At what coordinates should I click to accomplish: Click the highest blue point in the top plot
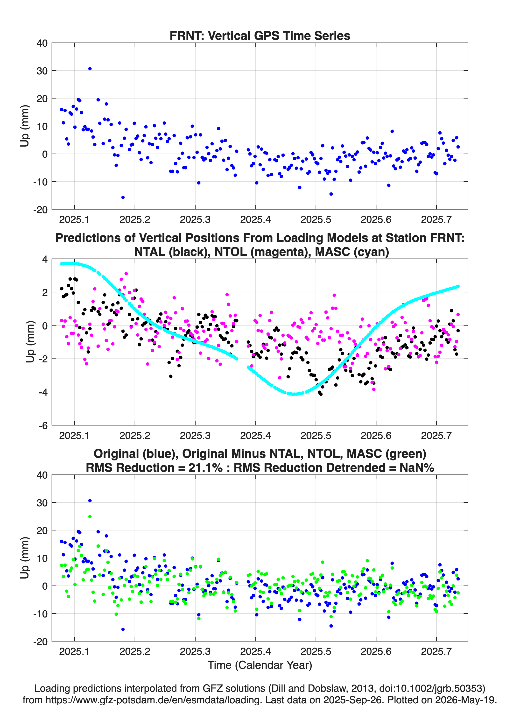pos(90,69)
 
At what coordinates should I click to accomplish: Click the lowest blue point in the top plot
pos(123,197)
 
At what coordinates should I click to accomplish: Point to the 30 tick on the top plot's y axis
pos(42,71)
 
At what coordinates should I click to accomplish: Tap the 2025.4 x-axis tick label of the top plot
pos(256,219)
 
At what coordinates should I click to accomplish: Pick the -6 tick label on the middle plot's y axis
pos(43,426)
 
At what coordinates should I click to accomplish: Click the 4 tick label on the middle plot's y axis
pos(45,259)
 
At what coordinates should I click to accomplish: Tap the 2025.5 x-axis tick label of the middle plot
pos(316,436)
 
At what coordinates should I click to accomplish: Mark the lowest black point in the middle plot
pos(321,394)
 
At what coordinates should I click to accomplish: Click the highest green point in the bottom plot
pos(90,516)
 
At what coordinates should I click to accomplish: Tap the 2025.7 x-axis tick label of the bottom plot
pos(436,651)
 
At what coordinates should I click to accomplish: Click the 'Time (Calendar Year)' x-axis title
pos(260,665)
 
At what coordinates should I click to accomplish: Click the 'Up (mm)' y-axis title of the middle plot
pos(30,342)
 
